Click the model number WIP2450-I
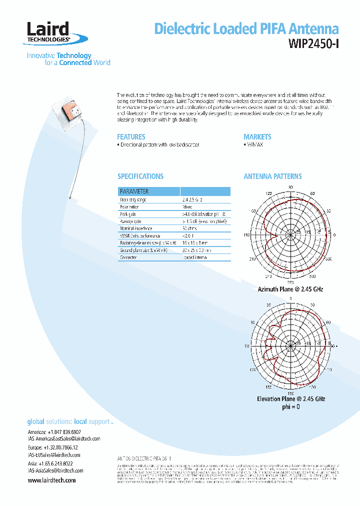point(313,43)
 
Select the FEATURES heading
point(131,136)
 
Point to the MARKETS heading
point(257,136)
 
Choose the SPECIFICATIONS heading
point(140,176)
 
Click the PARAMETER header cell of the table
point(134,191)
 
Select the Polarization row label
point(129,206)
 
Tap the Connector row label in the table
point(128,257)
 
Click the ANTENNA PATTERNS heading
point(272,176)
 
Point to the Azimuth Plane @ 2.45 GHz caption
point(290,289)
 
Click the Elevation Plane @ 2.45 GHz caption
point(291,398)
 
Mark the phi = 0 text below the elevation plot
point(291,406)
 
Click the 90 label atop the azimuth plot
point(290,187)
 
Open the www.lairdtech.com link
point(51,480)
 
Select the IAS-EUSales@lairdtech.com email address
point(53,455)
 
